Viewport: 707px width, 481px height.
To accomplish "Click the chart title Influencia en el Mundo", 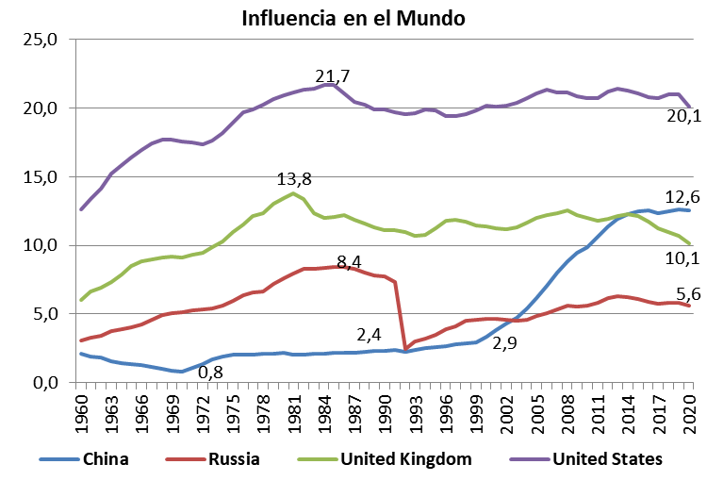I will coord(353,18).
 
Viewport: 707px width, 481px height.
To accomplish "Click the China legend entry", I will coord(105,459).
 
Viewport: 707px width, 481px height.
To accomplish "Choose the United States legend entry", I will coord(607,459).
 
